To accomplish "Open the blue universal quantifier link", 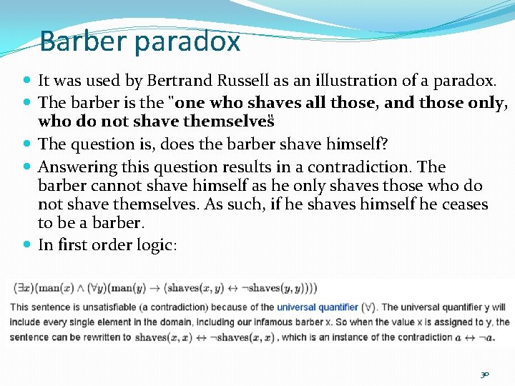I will tap(318, 307).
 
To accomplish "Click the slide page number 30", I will tap(484, 374).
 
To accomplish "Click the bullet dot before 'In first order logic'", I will tap(26, 245).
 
